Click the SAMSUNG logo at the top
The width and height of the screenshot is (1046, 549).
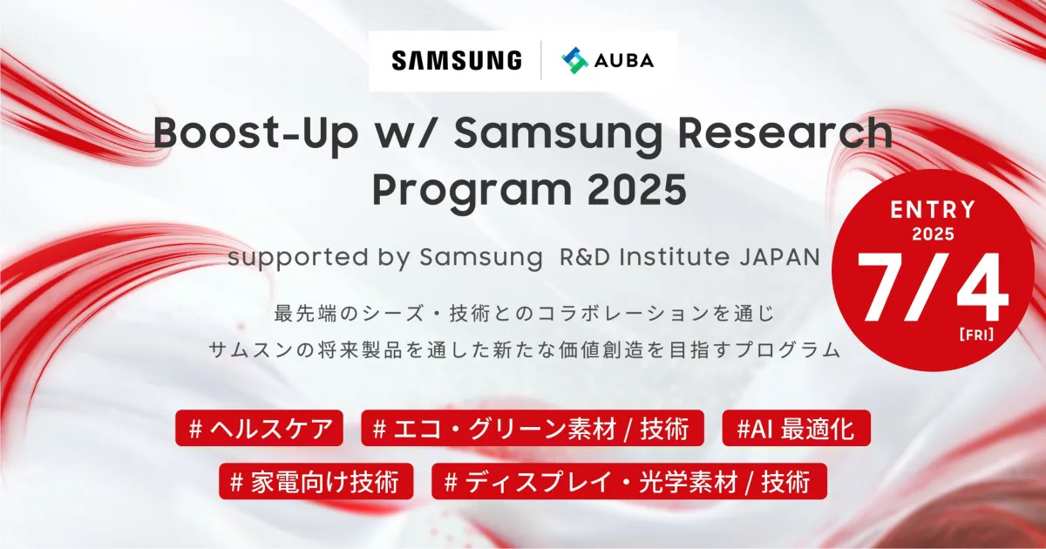pyautogui.click(x=457, y=61)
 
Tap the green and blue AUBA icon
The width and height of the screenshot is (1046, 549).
pyautogui.click(x=574, y=61)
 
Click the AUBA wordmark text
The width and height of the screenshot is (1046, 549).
pyautogui.click(x=624, y=61)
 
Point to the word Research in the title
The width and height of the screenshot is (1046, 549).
pyautogui.click(x=785, y=132)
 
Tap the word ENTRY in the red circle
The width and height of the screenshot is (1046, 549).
pyautogui.click(x=933, y=210)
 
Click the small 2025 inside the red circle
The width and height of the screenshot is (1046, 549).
pyautogui.click(x=933, y=234)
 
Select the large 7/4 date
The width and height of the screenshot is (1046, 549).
pyautogui.click(x=932, y=288)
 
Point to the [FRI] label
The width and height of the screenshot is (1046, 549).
pyautogui.click(x=976, y=335)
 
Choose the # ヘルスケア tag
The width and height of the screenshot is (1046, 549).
pyautogui.click(x=259, y=428)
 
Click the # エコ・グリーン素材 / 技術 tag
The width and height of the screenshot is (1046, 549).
pyautogui.click(x=533, y=428)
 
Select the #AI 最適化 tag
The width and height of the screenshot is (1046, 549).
pyautogui.click(x=796, y=428)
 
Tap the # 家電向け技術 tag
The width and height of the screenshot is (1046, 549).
pyautogui.click(x=316, y=481)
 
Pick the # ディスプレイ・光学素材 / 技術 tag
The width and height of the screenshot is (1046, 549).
pyautogui.click(x=629, y=481)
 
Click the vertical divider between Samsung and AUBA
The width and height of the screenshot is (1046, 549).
pyautogui.click(x=541, y=61)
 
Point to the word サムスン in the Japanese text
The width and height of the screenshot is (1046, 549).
pyautogui.click(x=250, y=350)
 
